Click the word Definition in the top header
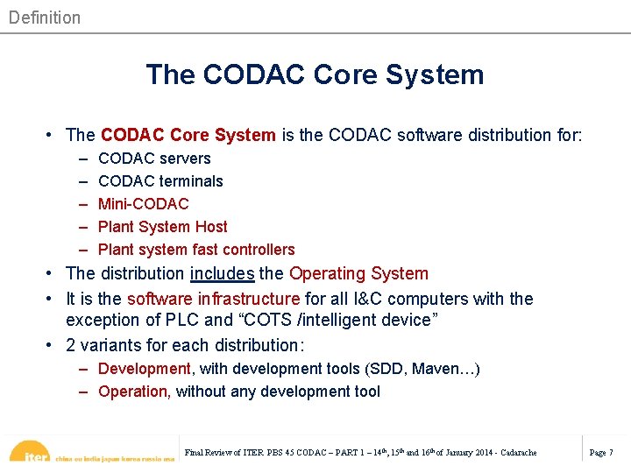(45, 18)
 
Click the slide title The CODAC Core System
(315, 74)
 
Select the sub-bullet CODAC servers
(154, 159)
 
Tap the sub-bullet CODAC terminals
(160, 181)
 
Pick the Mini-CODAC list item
(143, 204)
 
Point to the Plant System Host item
(162, 227)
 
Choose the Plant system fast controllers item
(196, 250)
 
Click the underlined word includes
(222, 274)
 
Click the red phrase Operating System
(358, 274)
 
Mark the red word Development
(144, 369)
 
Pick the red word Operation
(133, 392)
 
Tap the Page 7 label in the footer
(601, 452)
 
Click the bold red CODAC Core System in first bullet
(188, 135)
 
